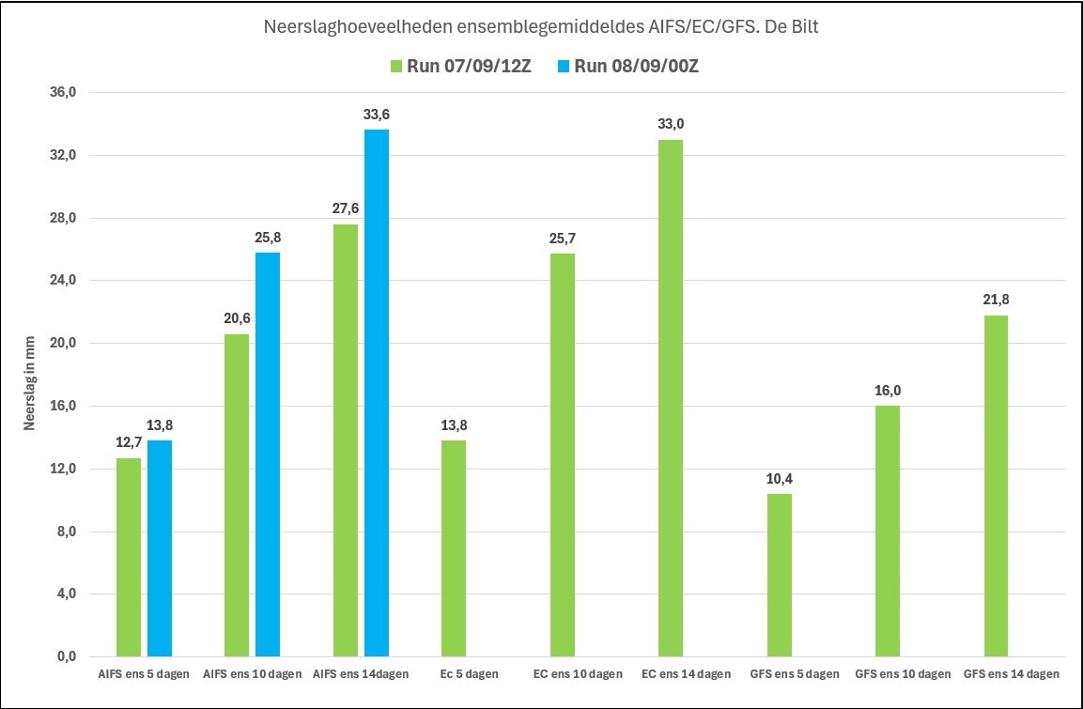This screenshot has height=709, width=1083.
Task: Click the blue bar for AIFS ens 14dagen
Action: tap(377, 393)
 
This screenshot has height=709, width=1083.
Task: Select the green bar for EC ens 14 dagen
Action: tap(671, 398)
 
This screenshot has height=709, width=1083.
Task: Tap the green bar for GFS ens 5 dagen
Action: tap(779, 575)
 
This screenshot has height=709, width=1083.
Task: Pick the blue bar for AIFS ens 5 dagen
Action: tap(160, 548)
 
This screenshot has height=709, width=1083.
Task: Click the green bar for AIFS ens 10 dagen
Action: tap(237, 495)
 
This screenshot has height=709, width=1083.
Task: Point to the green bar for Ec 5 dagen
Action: tap(454, 548)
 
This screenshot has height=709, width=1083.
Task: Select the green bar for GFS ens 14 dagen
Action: tap(996, 486)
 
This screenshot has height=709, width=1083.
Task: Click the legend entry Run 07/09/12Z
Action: tap(460, 67)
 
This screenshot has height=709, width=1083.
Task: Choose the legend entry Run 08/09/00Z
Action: tap(627, 67)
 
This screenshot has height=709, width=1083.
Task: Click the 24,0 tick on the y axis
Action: tap(61, 280)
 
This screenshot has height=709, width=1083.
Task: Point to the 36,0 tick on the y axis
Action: tap(61, 93)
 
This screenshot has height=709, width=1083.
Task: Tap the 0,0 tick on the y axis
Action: tap(64, 656)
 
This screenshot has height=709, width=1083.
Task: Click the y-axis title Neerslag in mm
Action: tap(29, 384)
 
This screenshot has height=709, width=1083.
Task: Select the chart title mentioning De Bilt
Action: tap(541, 27)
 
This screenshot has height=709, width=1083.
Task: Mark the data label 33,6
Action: tap(377, 115)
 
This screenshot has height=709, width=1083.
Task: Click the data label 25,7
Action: tap(563, 239)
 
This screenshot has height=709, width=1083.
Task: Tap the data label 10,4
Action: tap(779, 479)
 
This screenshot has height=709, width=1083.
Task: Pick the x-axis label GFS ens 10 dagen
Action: tap(903, 674)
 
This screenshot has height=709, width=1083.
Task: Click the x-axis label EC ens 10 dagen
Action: tap(578, 674)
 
